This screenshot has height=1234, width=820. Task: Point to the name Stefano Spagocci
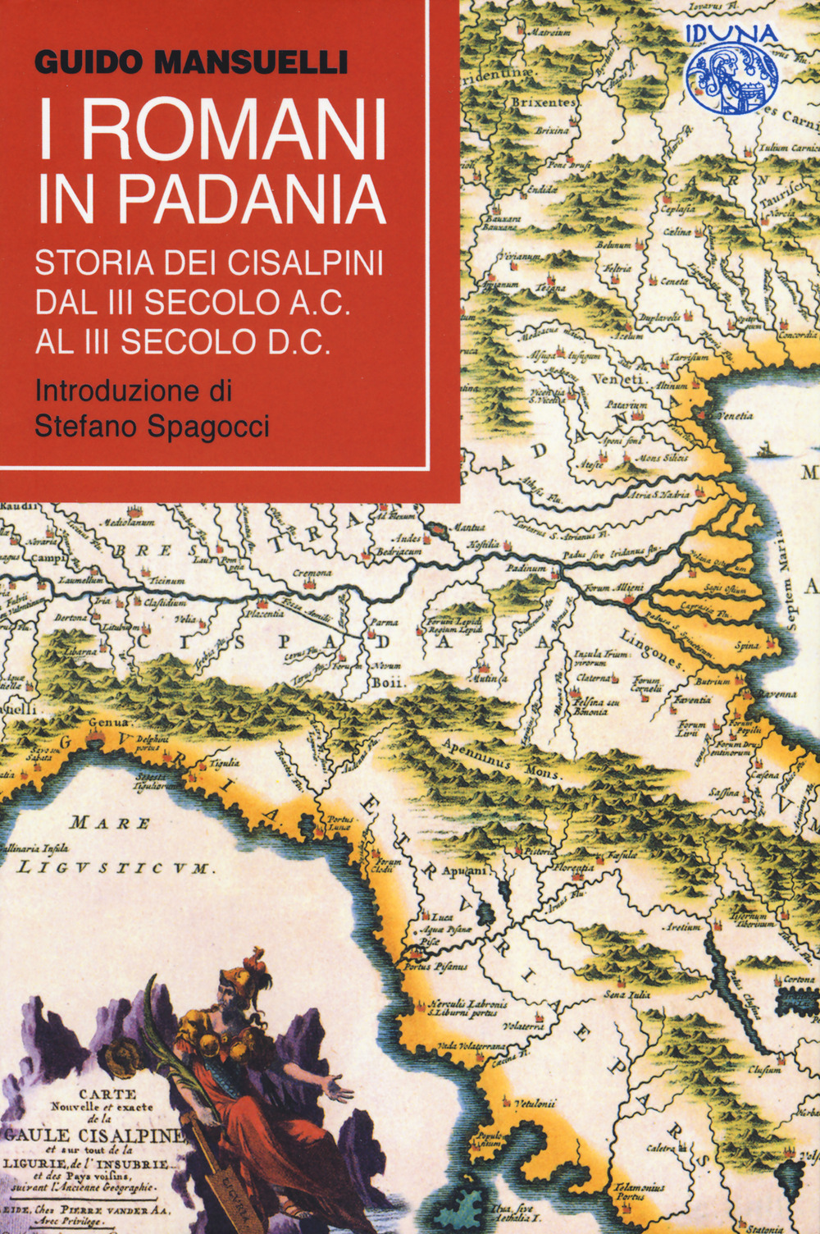coord(152,426)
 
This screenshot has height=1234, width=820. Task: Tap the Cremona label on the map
coord(312,573)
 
